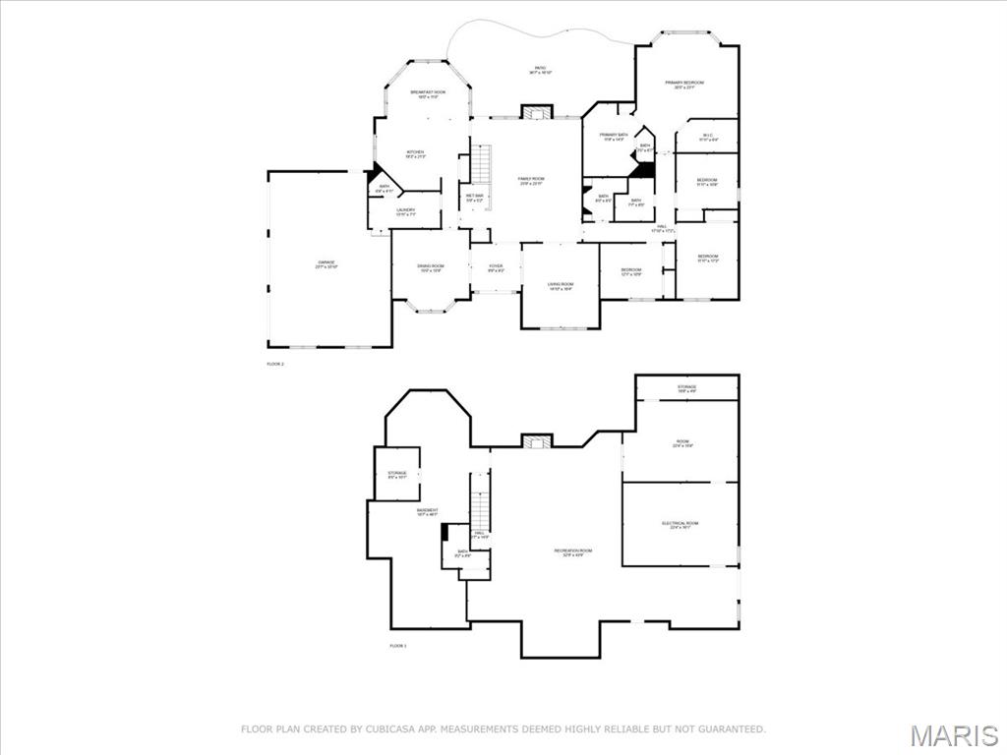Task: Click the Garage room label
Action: (326, 263)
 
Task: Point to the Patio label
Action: (540, 70)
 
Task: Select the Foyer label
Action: (496, 267)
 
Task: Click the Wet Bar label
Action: (474, 198)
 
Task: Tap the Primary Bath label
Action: (614, 137)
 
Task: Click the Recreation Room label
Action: (572, 552)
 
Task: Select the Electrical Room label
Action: (680, 525)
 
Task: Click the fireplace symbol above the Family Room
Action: (537, 112)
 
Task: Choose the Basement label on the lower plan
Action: (427, 512)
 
